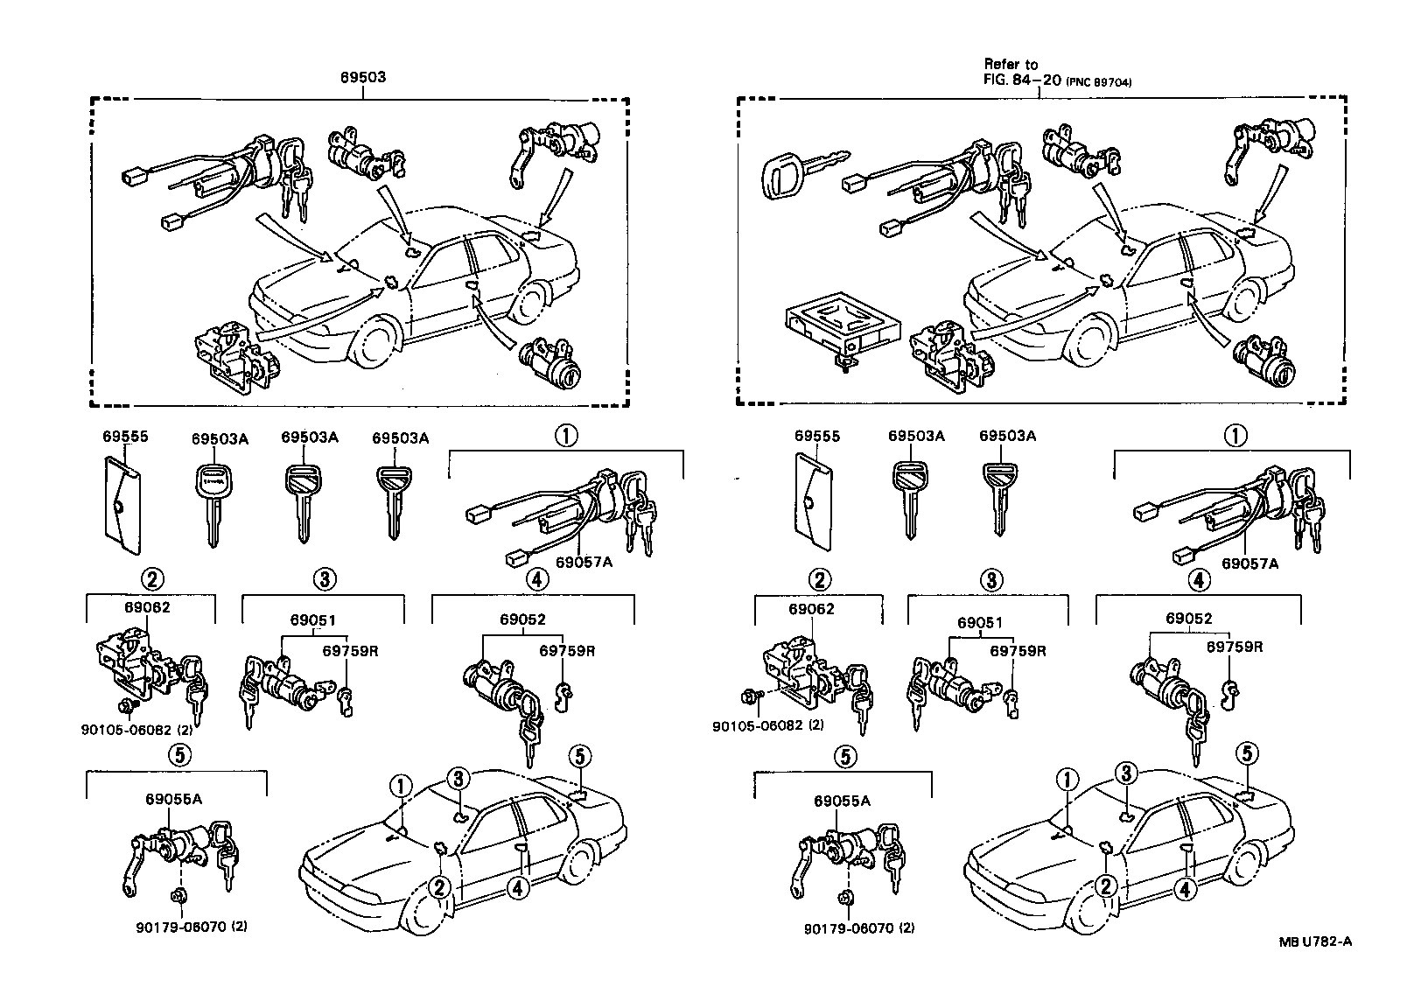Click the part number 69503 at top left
point(363,77)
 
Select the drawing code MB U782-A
point(1315,941)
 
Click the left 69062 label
point(148,608)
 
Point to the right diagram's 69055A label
point(842,801)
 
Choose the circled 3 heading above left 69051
point(323,579)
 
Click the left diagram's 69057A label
point(584,562)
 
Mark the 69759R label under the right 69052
point(1235,647)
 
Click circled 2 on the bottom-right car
point(1106,887)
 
